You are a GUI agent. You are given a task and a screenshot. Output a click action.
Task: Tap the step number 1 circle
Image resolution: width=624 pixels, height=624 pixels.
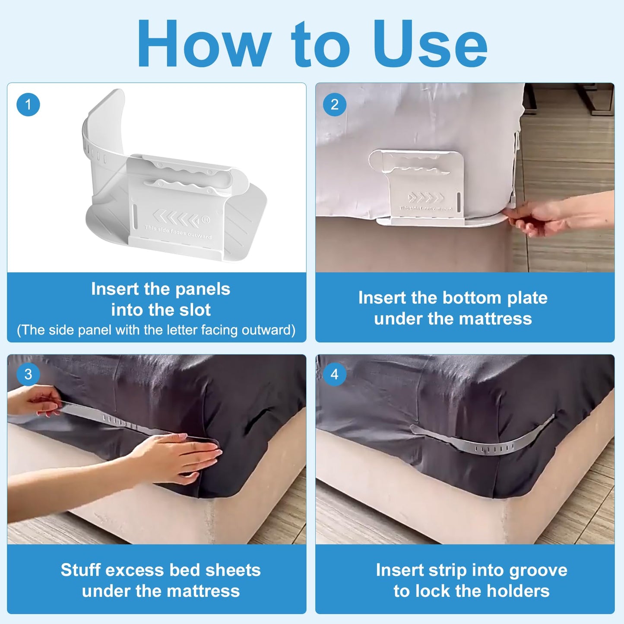pyautogui.click(x=28, y=105)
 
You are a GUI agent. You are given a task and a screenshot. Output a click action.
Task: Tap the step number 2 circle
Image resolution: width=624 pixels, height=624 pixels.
pyautogui.click(x=334, y=105)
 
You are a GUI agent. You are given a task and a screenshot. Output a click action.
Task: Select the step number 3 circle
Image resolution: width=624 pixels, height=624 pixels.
pyautogui.click(x=28, y=374)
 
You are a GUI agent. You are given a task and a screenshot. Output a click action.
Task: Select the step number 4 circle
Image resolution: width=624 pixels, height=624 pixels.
pyautogui.click(x=334, y=374)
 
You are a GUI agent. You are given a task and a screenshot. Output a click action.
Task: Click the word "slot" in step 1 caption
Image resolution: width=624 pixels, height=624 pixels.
pyautogui.click(x=192, y=310)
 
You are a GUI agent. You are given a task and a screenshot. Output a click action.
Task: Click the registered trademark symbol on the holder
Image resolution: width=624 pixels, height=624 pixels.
pyautogui.click(x=206, y=220)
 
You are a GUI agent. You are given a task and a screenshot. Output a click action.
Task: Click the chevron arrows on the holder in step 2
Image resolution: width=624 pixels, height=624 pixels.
pyautogui.click(x=426, y=198)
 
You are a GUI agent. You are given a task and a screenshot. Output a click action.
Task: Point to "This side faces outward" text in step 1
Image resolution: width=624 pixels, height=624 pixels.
pyautogui.click(x=178, y=232)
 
